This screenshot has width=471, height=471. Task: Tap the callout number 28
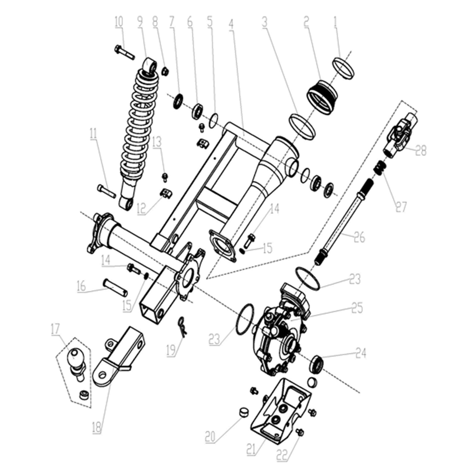[x=420, y=151]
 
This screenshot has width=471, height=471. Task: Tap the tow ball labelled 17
[x=75, y=360]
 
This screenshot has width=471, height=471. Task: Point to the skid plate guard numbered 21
[x=279, y=412]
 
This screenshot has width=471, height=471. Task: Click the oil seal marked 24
[x=316, y=364]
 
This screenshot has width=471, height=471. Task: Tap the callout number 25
[x=357, y=307]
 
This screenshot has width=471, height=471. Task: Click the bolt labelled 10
[x=124, y=53]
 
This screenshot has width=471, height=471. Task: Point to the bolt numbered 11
[x=106, y=191]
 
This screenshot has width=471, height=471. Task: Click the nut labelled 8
[x=165, y=71]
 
